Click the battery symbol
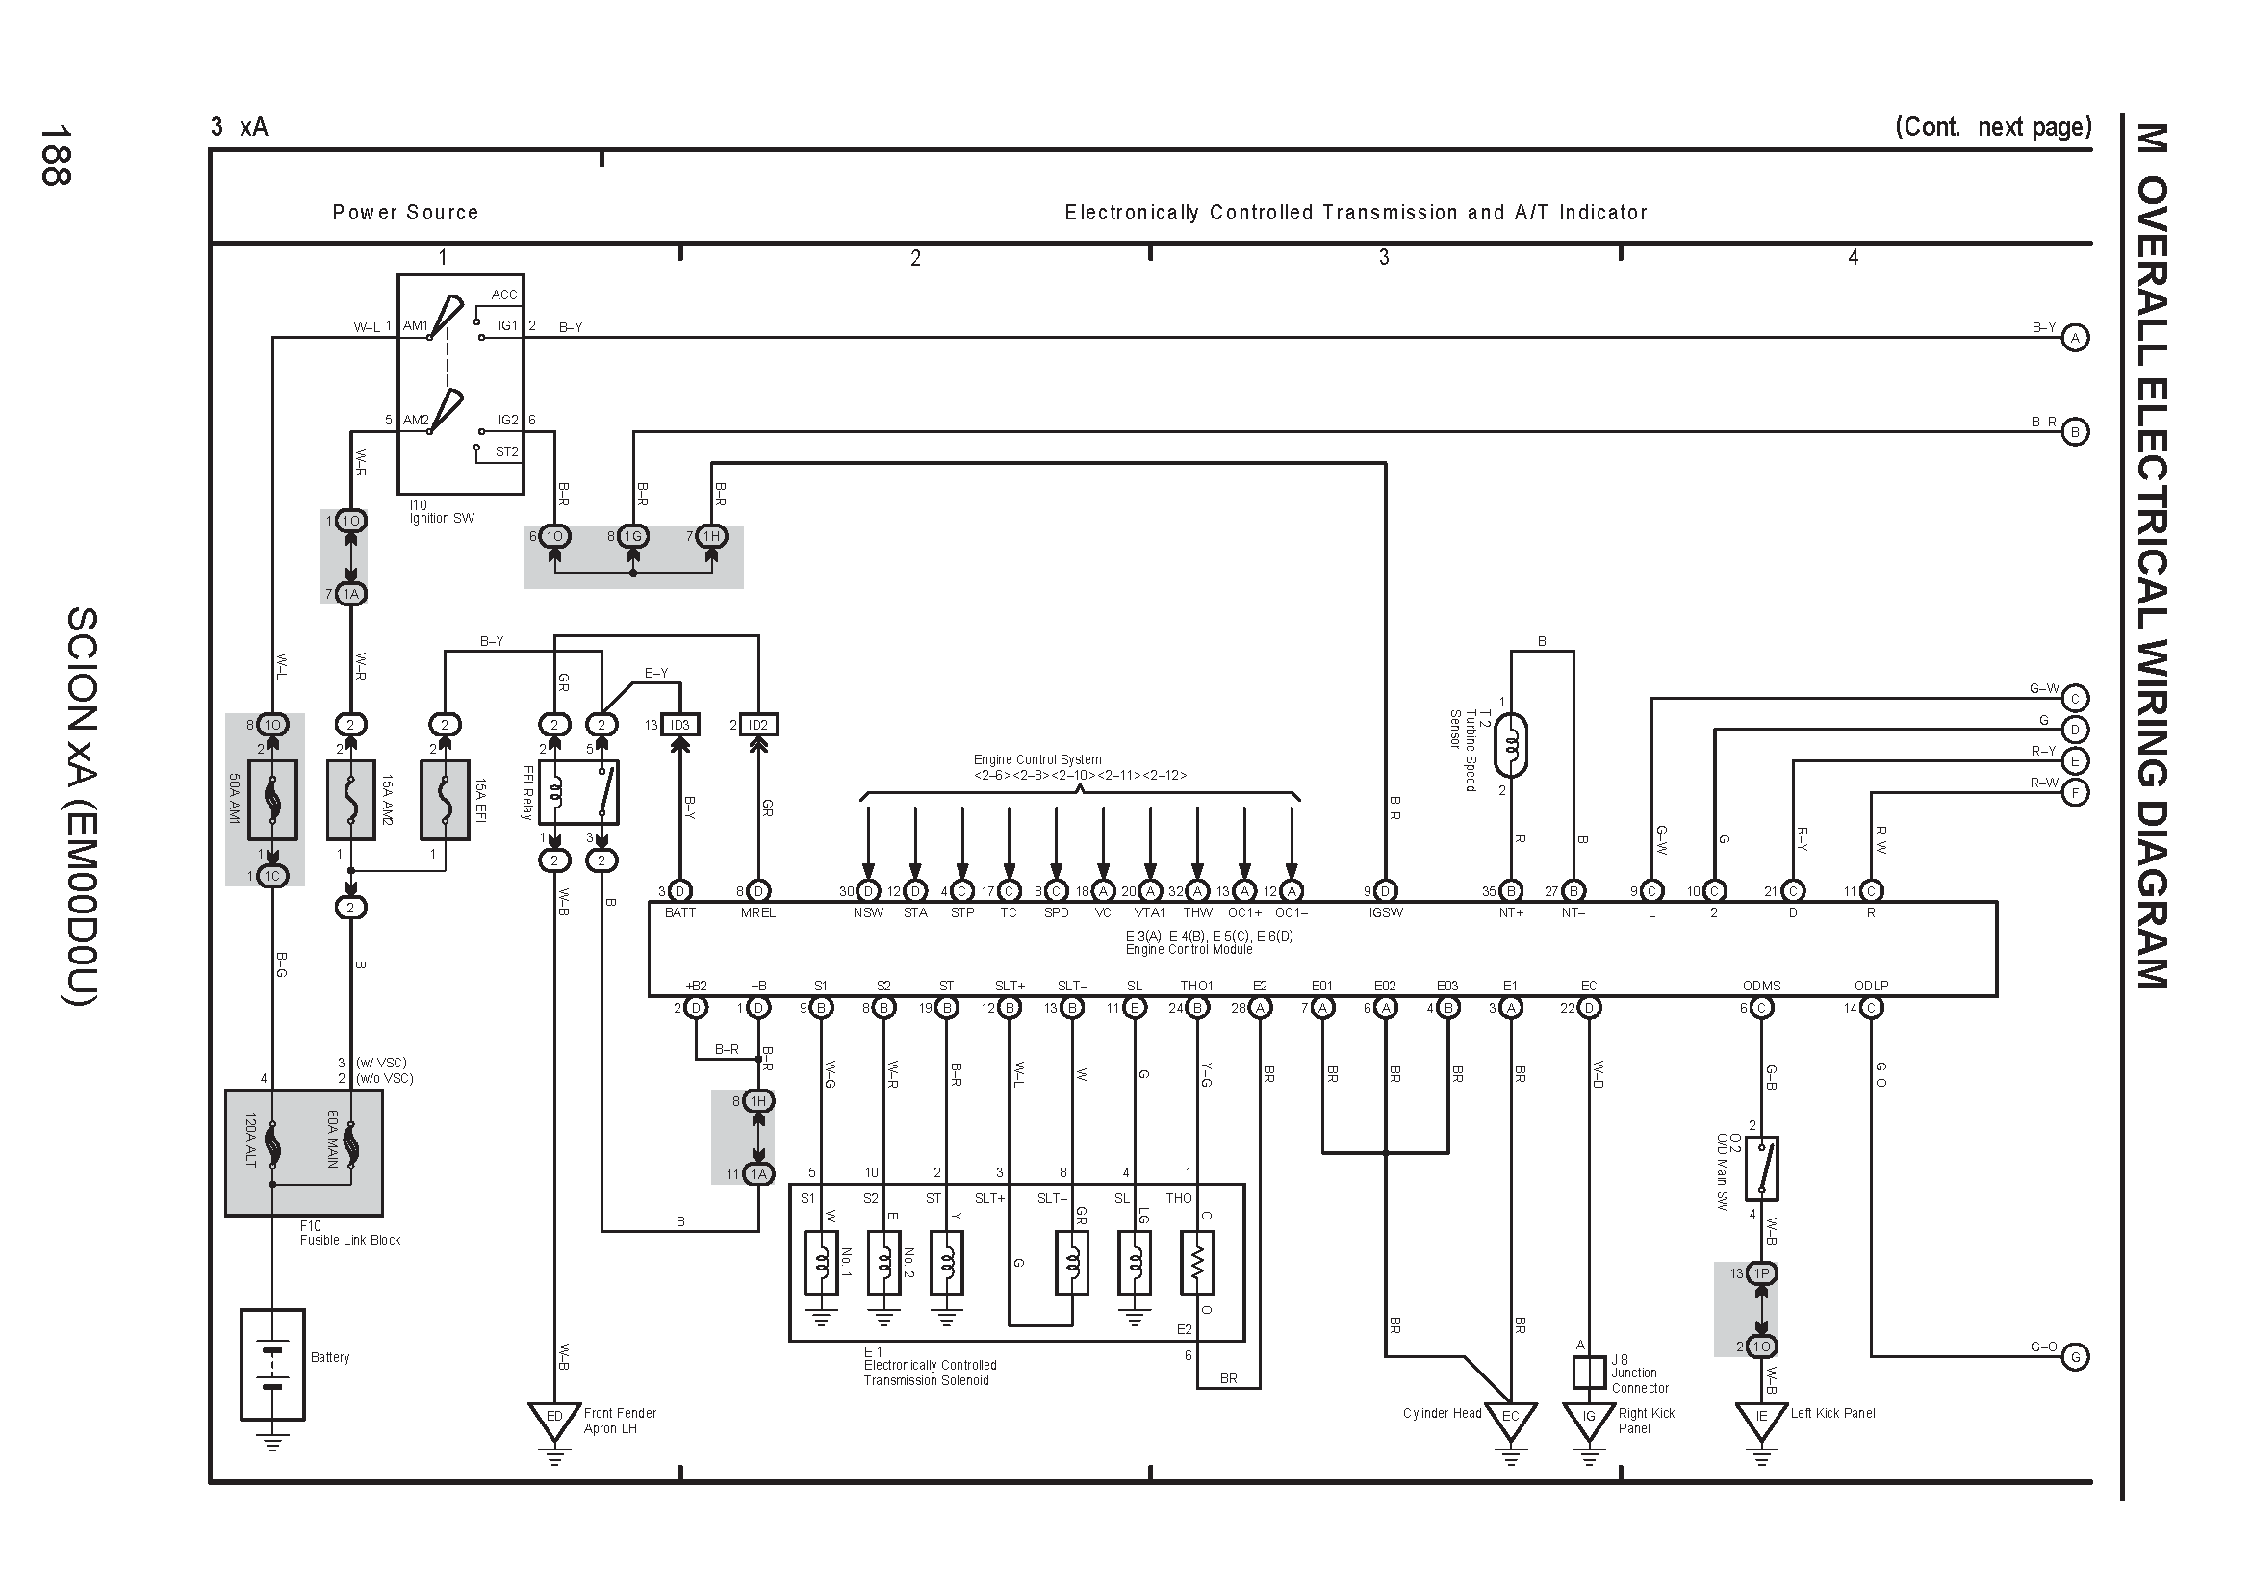click(x=272, y=1364)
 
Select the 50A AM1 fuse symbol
click(x=272, y=800)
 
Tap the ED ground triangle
click(x=554, y=1420)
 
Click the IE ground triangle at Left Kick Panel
click(x=1762, y=1420)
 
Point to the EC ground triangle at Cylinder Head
click(x=1511, y=1420)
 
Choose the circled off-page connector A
click(x=2075, y=338)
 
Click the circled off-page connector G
click(x=2075, y=1358)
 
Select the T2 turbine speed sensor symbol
click(x=1511, y=746)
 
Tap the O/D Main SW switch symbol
click(x=1762, y=1168)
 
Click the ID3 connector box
click(x=679, y=726)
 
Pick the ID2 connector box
click(x=757, y=726)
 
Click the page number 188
click(x=55, y=155)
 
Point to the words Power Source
click(x=405, y=213)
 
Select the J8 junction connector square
click(x=1589, y=1373)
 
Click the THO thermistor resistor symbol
click(x=1197, y=1263)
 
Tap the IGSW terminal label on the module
click(x=1385, y=913)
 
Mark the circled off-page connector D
click(x=2075, y=731)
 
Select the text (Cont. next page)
click(x=1993, y=127)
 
